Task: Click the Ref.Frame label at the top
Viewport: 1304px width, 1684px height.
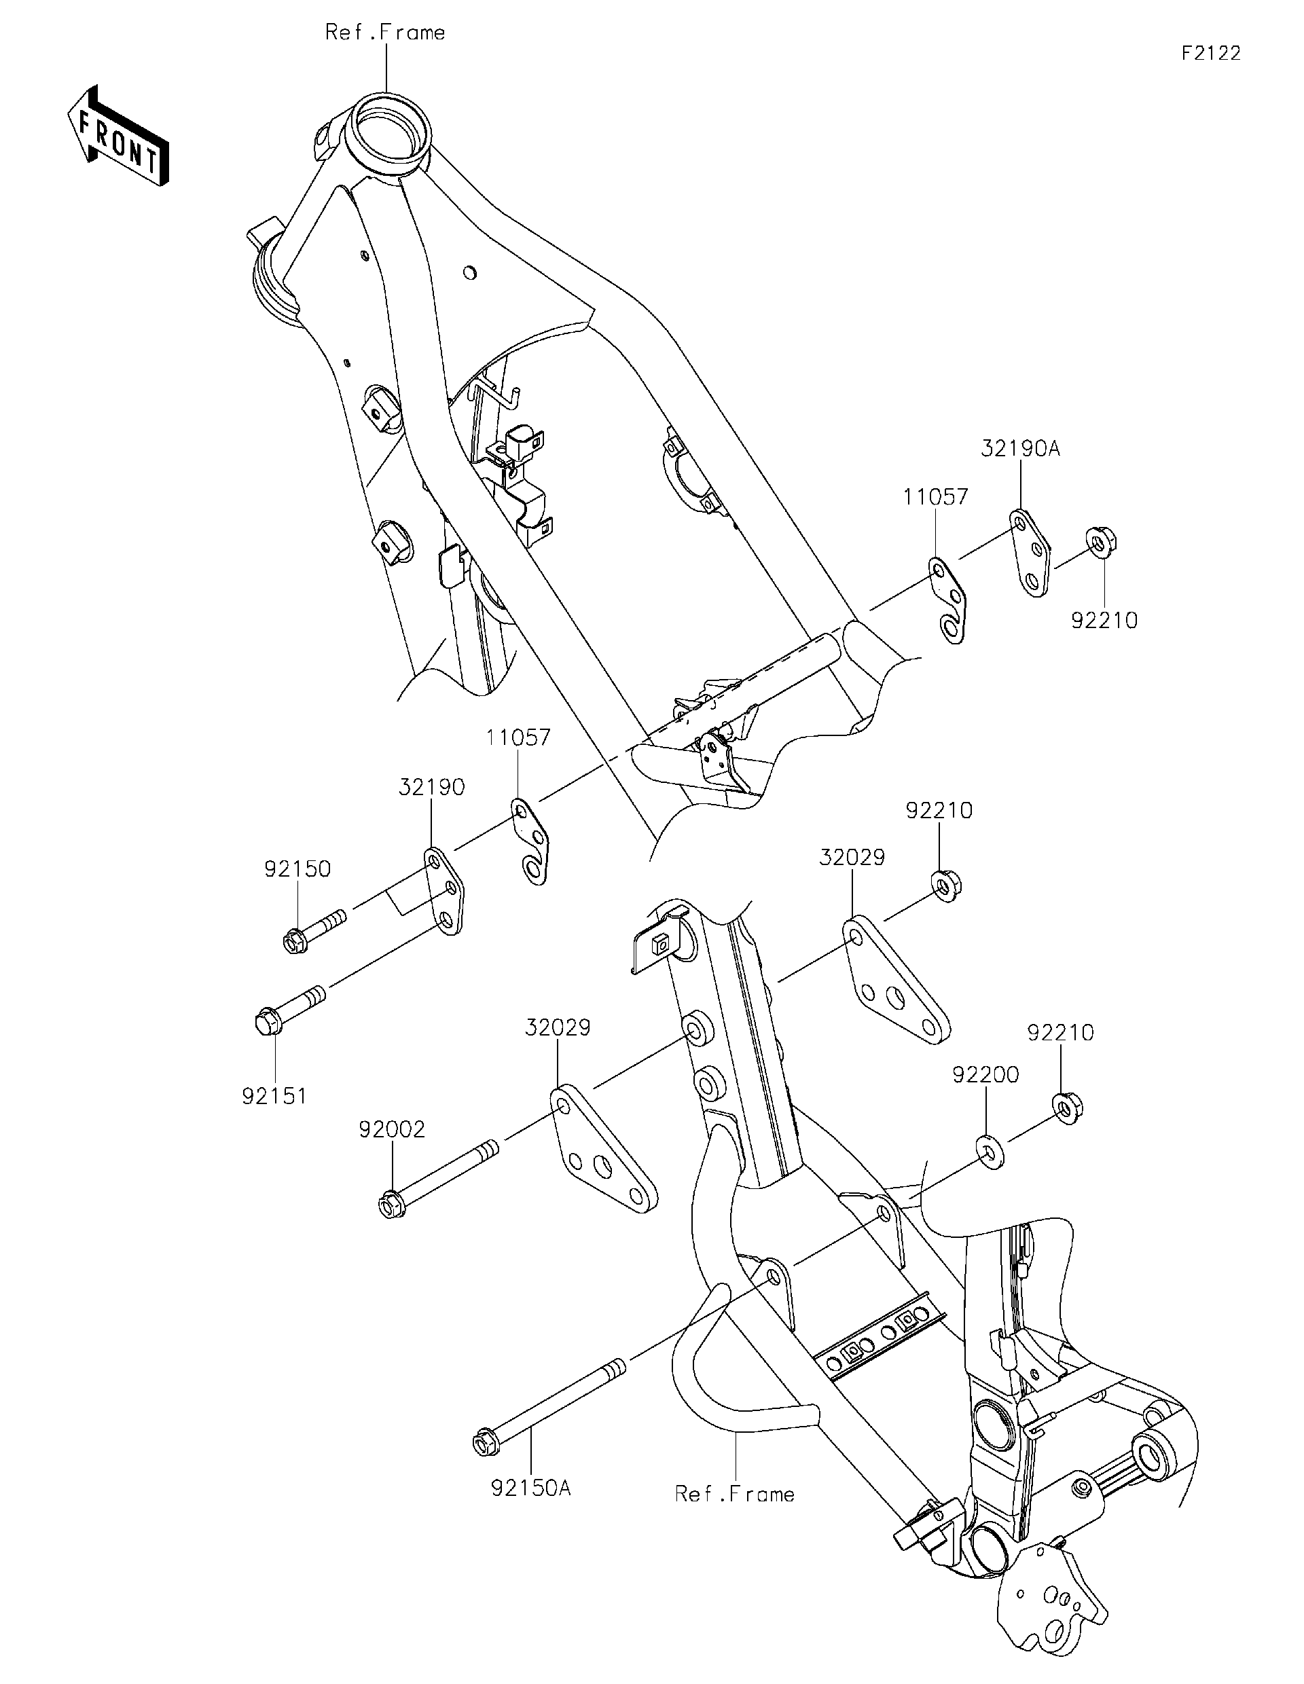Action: point(385,33)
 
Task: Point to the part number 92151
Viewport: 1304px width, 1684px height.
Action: point(274,1096)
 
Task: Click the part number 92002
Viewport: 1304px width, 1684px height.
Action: point(392,1130)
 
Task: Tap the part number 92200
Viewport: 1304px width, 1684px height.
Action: point(985,1074)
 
